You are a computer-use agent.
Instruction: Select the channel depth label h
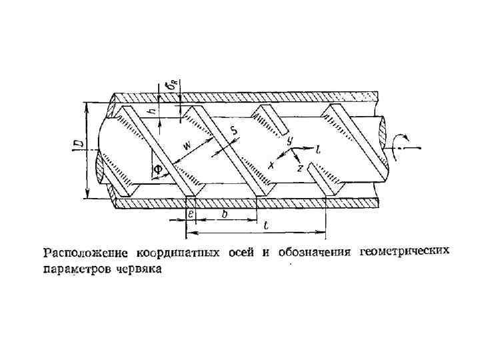[x=152, y=111]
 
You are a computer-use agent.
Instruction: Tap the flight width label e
[x=191, y=214]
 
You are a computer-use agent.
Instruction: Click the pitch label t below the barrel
[x=266, y=227]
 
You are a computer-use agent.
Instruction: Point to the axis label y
[x=289, y=141]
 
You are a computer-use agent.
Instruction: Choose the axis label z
[x=300, y=169]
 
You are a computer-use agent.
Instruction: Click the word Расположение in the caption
[x=87, y=253]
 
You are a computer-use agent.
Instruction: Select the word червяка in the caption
[x=140, y=269]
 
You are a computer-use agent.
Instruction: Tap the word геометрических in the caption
[x=405, y=252]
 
